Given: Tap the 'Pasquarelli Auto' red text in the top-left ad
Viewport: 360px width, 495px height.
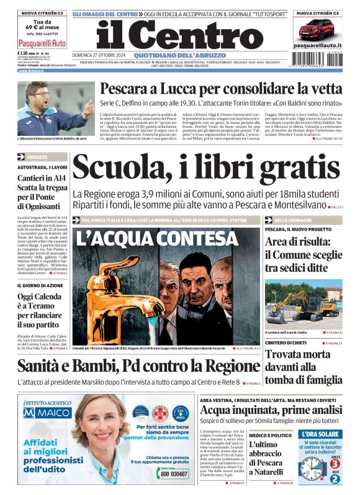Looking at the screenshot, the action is tap(42, 43).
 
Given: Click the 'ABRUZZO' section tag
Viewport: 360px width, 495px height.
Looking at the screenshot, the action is tap(37, 158).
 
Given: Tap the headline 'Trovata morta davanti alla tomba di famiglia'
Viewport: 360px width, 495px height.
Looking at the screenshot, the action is tap(302, 366).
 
